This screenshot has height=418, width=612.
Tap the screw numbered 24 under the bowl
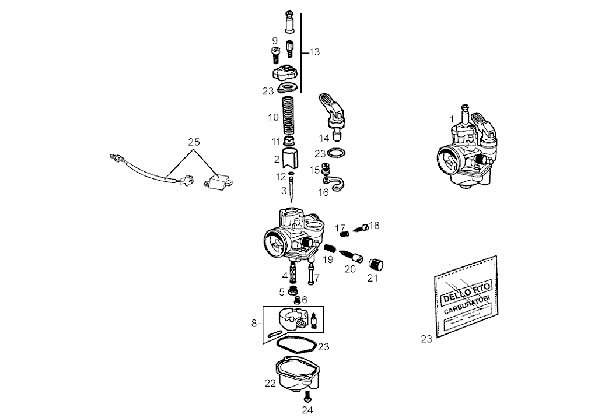click(x=307, y=397)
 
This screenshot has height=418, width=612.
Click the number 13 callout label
click(x=314, y=52)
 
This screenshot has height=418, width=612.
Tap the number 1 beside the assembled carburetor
click(x=452, y=118)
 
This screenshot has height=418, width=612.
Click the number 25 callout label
click(x=194, y=142)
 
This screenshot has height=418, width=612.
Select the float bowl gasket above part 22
click(x=296, y=345)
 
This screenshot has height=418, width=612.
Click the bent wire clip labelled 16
click(x=337, y=183)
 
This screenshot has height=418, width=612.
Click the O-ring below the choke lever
click(x=335, y=154)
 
